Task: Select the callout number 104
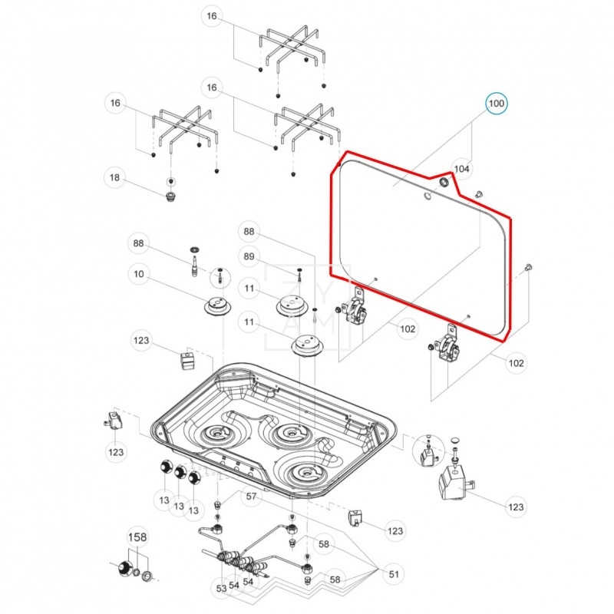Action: pyautogui.click(x=461, y=169)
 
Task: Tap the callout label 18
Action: pyautogui.click(x=115, y=179)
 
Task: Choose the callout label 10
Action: pyautogui.click(x=139, y=274)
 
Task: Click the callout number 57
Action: pyautogui.click(x=251, y=497)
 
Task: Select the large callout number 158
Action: pyautogui.click(x=137, y=537)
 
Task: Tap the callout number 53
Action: pyautogui.click(x=222, y=589)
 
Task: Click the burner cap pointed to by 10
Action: pyautogui.click(x=218, y=306)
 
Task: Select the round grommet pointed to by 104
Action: pyautogui.click(x=443, y=183)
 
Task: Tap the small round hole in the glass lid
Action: pyautogui.click(x=426, y=196)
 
